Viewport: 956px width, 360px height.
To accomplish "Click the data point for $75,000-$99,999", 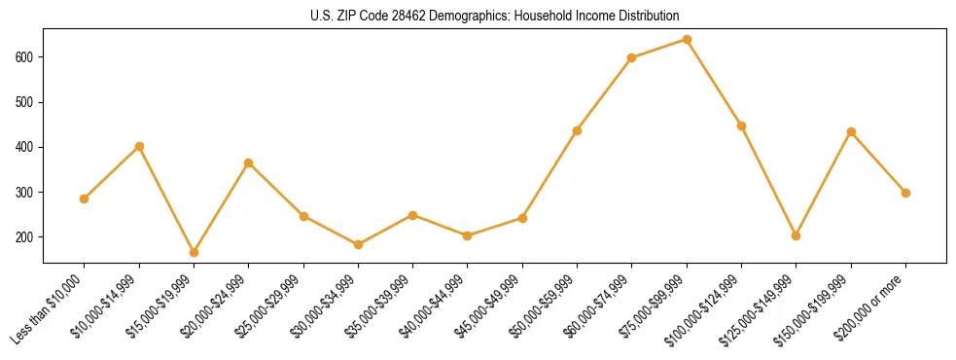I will click(687, 40).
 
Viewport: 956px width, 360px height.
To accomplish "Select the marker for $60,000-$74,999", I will click(632, 57).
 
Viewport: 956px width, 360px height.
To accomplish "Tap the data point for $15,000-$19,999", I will click(194, 252).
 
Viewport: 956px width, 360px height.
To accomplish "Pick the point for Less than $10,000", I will click(84, 198).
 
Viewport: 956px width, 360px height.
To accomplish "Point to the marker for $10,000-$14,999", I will click(139, 146).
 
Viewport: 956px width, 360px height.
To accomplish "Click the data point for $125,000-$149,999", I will click(797, 235).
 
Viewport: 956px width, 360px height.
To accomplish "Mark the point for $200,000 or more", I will click(905, 193).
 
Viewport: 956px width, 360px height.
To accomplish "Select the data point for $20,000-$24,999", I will click(248, 162).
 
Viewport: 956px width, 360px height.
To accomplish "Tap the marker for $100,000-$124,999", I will click(741, 126).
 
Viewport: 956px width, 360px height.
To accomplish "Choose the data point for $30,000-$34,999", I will click(358, 244).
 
